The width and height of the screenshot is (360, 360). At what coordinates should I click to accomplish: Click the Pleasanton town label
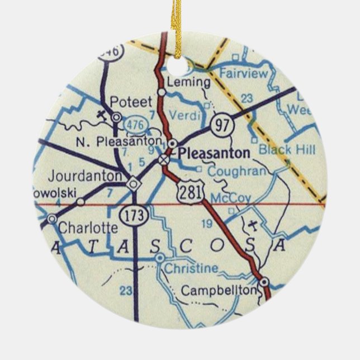pos(215,152)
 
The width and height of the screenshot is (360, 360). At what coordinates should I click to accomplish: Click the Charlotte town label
pos(88,228)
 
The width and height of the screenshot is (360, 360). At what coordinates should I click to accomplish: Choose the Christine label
pos(191,268)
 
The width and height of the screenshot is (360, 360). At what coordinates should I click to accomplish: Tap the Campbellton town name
pos(219,291)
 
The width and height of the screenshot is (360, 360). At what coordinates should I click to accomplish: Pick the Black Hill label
pos(287,149)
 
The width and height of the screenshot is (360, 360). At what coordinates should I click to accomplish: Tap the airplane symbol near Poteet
pos(101,115)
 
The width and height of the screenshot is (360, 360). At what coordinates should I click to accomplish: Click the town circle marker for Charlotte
pos(52,219)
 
